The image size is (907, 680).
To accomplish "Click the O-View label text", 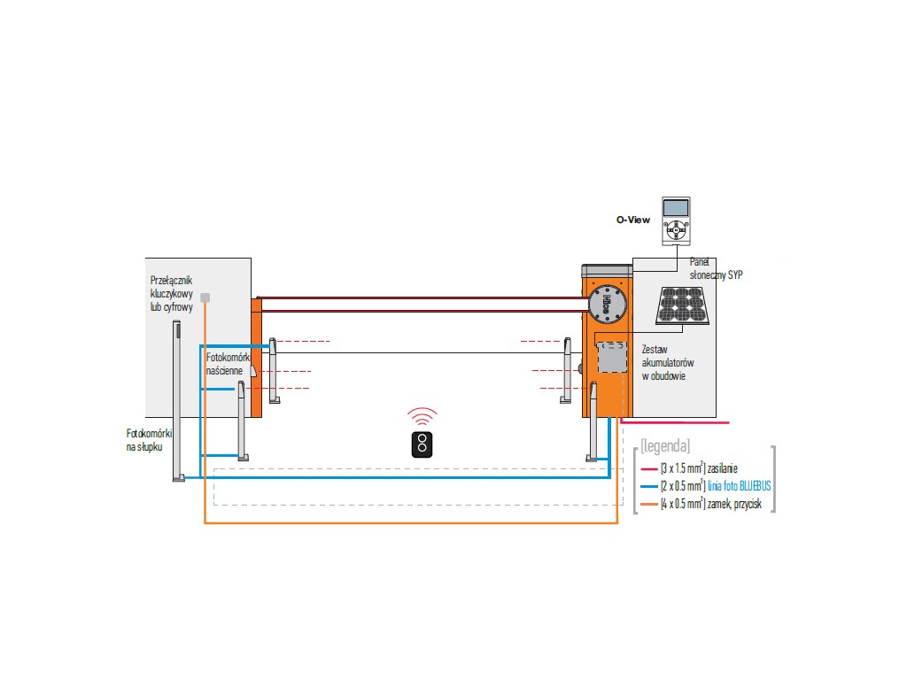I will point(633,218).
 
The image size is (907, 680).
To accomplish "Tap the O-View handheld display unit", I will point(677,218).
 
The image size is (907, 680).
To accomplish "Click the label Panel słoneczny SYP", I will point(716,269).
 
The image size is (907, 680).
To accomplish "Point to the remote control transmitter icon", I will point(422,444).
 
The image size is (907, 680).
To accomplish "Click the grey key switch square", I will point(205,297).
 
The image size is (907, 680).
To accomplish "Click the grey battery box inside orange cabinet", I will point(609,358).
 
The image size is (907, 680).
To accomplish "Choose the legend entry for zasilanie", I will point(700,467).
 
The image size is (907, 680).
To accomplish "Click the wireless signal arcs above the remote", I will point(422,416).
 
